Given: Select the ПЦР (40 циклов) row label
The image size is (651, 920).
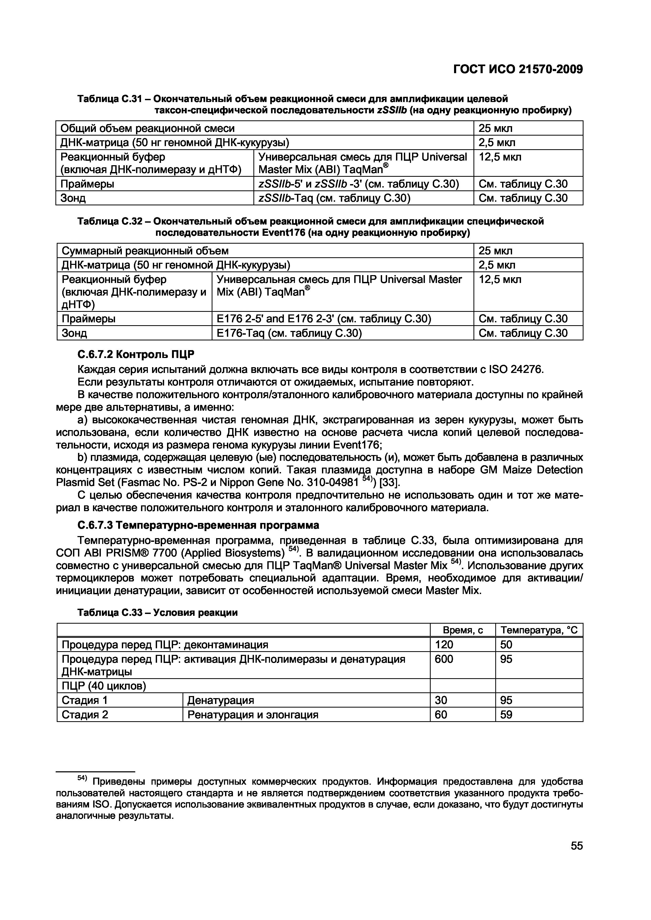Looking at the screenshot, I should click(x=103, y=686).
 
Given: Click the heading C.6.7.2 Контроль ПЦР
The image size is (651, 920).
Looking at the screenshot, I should click(x=136, y=355).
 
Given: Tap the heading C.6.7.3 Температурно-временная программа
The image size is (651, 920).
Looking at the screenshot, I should click(x=198, y=525).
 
